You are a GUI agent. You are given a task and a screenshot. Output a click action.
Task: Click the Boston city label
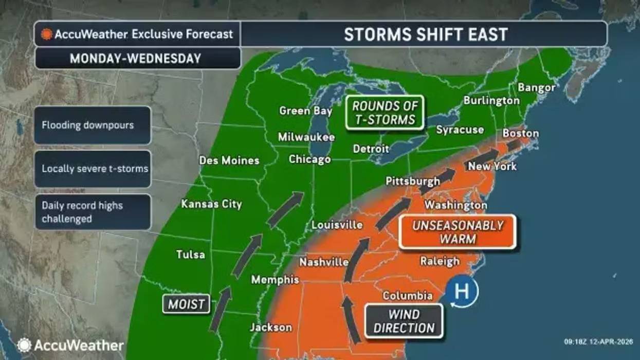[521, 134]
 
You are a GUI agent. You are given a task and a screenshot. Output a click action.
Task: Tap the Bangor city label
[536, 87]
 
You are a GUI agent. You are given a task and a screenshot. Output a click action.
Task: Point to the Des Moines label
[229, 160]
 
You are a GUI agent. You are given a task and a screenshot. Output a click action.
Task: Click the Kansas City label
[211, 204]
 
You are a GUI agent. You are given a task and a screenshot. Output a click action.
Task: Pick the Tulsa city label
[190, 254]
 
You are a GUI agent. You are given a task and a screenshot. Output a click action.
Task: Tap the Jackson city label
[270, 327]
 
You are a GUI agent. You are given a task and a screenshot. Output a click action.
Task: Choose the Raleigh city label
[440, 261]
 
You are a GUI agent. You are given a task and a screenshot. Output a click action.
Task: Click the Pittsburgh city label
[413, 181]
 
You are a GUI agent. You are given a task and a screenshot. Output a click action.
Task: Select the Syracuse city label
[460, 130]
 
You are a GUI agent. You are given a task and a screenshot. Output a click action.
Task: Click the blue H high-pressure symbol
[462, 292]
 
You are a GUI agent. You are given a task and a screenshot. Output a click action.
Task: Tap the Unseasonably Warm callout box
[457, 232]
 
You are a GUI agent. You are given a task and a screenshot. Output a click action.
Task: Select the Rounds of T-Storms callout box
[384, 113]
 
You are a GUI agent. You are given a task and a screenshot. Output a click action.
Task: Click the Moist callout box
[187, 304]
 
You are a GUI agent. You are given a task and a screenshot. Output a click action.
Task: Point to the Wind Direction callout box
[404, 321]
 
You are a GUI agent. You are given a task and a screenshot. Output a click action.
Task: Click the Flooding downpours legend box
[93, 125]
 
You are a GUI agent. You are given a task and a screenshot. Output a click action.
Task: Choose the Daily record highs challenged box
[93, 212]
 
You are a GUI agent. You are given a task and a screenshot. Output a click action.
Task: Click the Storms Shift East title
[425, 34]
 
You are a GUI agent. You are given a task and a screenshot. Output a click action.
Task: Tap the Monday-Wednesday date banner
[137, 58]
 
